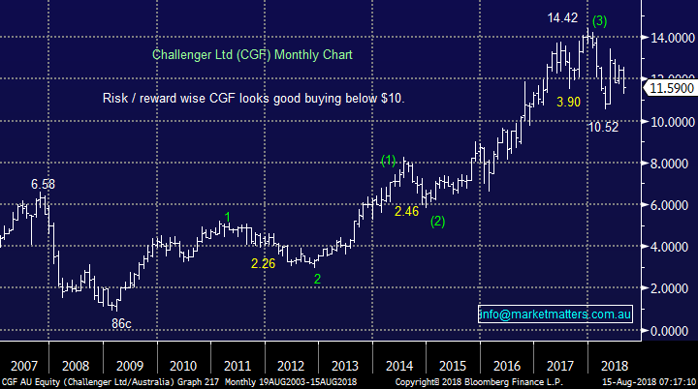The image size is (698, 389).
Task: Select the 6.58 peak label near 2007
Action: click(43, 184)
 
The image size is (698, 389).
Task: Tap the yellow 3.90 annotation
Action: click(570, 101)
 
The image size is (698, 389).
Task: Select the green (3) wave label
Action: click(600, 19)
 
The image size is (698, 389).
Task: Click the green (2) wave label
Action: click(438, 222)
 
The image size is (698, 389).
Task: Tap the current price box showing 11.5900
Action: click(669, 88)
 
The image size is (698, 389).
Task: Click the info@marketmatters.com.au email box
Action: click(555, 314)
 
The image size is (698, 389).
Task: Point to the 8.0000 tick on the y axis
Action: click(670, 164)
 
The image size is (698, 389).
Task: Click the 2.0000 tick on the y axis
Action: click(670, 289)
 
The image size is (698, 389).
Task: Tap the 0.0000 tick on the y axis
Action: click(670, 331)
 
